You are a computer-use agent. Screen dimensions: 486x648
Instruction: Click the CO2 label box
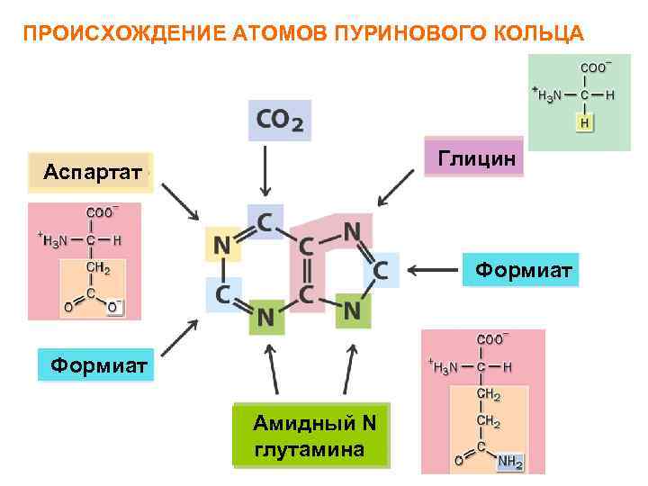pos(280,121)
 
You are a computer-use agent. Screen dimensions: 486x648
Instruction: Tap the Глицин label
pos(476,159)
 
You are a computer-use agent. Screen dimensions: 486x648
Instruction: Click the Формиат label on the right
pos(522,269)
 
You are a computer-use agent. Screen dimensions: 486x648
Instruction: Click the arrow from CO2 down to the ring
pos(265,170)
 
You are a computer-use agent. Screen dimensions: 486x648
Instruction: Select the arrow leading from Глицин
pos(396,190)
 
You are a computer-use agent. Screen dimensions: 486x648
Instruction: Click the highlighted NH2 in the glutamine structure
pos(510,462)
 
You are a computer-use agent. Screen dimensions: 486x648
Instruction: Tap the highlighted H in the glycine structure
pos(585,122)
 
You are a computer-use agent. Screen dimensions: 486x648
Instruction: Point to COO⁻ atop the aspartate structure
pos(100,212)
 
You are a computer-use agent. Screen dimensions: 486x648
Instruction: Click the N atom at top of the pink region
pos(352,231)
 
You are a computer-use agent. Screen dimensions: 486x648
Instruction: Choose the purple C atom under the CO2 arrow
pos(265,220)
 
